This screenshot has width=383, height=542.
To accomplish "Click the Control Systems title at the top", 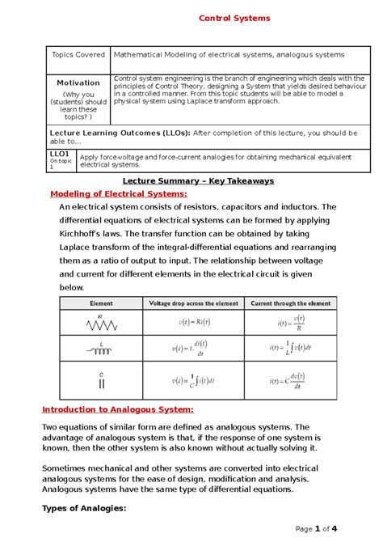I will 234,18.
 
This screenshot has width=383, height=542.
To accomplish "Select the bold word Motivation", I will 78,83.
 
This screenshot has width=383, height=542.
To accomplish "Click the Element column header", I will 100,303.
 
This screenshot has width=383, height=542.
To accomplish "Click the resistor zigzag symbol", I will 99,325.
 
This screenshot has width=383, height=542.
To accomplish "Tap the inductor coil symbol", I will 100,349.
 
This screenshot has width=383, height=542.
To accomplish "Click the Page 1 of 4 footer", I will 316,529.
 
